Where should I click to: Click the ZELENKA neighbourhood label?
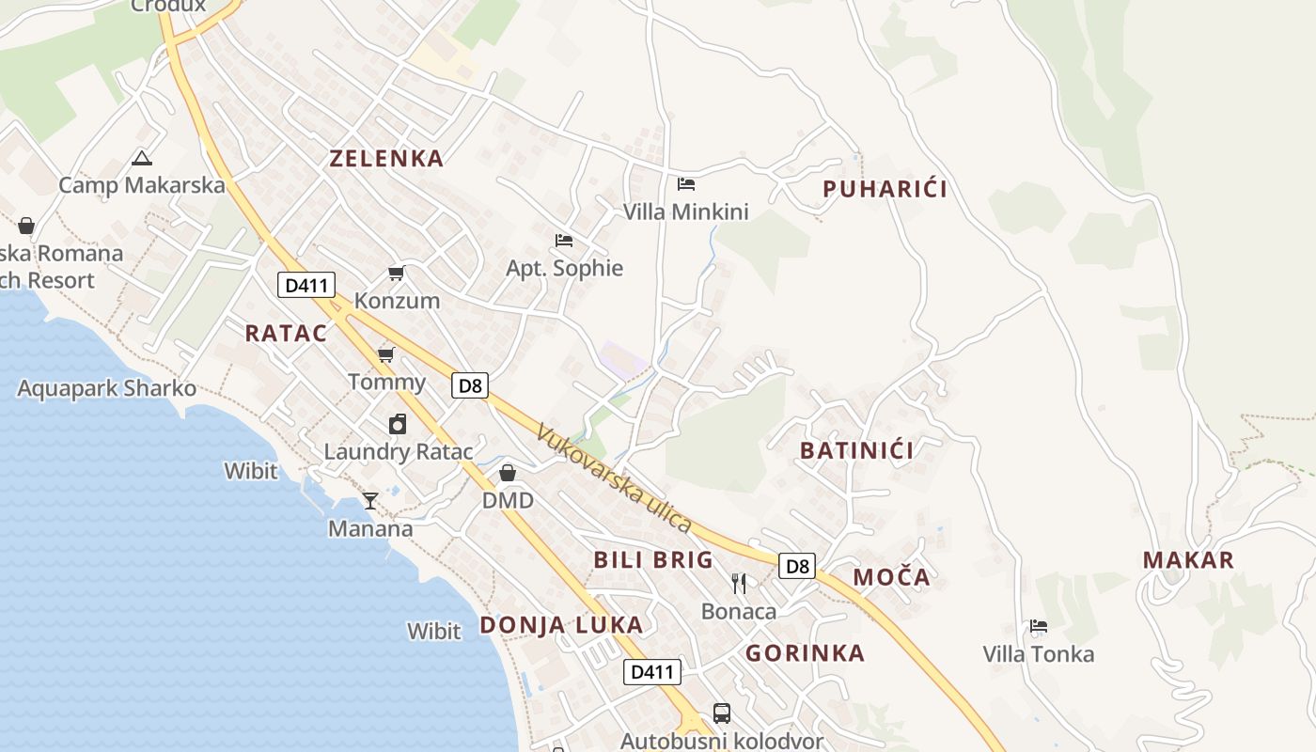(x=386, y=158)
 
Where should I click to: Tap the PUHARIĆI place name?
(x=885, y=189)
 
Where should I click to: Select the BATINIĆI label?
(x=856, y=450)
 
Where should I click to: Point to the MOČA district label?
(x=891, y=576)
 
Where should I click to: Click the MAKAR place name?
(x=1188, y=560)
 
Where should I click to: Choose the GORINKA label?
(x=805, y=652)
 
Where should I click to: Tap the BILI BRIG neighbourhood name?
(x=653, y=560)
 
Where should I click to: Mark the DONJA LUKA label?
(x=561, y=625)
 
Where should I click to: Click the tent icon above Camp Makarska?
(x=142, y=158)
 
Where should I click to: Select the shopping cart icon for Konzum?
(x=397, y=274)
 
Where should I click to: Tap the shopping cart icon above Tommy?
(x=385, y=354)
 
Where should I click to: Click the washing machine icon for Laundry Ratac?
(x=398, y=424)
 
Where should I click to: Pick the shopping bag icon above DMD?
(x=508, y=472)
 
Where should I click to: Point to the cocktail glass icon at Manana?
(x=370, y=500)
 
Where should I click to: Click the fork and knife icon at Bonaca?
(x=739, y=584)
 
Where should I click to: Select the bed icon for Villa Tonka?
(x=1038, y=626)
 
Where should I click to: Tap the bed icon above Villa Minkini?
(x=686, y=183)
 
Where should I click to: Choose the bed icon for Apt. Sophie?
(x=564, y=241)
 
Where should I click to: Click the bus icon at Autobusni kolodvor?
(x=721, y=713)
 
